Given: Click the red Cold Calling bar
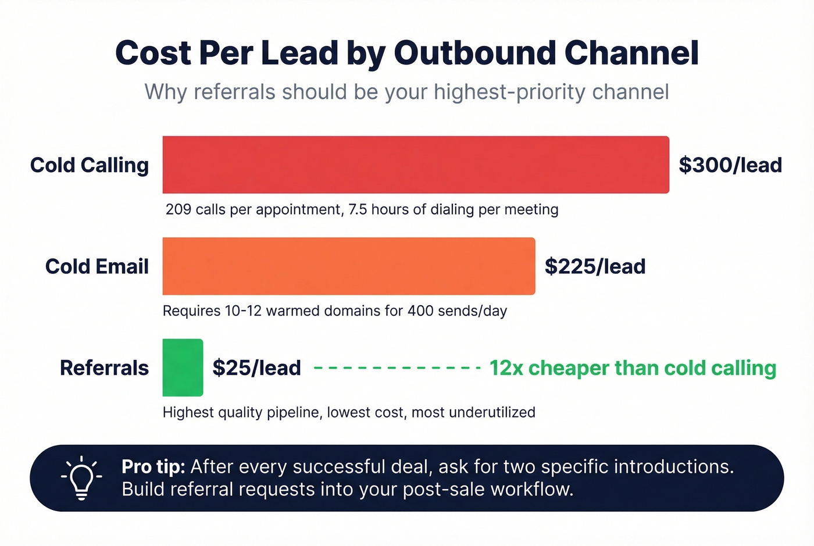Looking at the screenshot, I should click(x=416, y=165).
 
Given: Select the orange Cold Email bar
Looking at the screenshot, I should click(x=349, y=266).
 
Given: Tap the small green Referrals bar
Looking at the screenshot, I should click(x=183, y=367).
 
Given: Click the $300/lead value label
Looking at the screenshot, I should click(x=730, y=165).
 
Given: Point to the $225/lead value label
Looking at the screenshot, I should click(x=595, y=266).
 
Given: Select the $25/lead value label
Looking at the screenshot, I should click(x=256, y=368).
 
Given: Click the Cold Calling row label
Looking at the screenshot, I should click(x=90, y=165).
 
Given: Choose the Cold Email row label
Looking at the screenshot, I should click(x=97, y=266).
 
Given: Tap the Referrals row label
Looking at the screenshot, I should click(x=104, y=368).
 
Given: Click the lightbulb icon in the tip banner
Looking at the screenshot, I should click(x=81, y=478).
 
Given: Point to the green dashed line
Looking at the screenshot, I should click(x=397, y=368).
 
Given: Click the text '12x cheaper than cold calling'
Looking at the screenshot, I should click(x=633, y=368).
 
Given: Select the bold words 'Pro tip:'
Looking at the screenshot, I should click(x=153, y=467).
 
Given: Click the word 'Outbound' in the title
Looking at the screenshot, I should click(x=474, y=53).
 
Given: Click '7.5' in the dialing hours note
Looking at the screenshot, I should click(x=358, y=209).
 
